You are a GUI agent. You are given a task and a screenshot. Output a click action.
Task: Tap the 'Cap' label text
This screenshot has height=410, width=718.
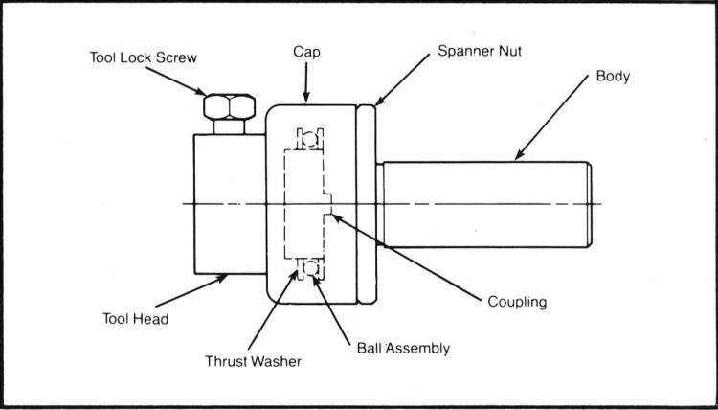click(304, 55)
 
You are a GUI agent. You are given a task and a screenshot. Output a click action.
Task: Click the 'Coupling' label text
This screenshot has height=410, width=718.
click(516, 302)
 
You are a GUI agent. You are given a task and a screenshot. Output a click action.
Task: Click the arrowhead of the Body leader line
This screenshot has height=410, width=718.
click(518, 157)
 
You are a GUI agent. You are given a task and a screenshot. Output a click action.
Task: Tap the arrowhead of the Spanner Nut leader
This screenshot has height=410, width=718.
click(375, 102)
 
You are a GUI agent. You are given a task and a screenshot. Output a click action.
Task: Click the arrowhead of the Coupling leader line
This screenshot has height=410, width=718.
click(332, 216)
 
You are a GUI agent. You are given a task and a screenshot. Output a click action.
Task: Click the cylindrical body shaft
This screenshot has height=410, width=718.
click(483, 204)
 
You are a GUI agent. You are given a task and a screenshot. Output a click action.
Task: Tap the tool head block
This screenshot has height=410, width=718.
click(226, 203)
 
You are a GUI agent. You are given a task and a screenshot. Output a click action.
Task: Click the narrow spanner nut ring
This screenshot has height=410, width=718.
click(368, 203)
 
